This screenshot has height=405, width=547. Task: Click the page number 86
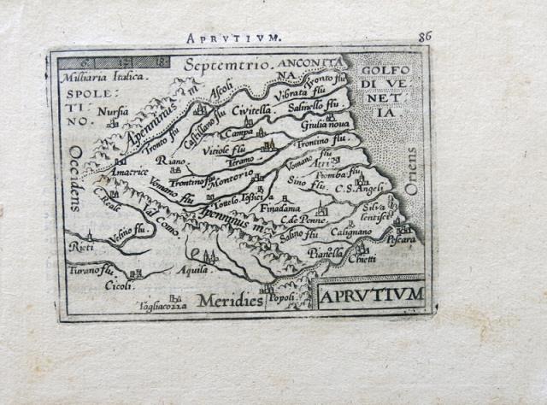pos(425,36)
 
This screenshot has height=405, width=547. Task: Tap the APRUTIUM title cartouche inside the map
pos(371,296)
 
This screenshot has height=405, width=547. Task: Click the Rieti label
pos(81,246)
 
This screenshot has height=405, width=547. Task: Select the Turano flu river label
pos(95,271)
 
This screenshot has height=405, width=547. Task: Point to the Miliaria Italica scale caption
pos(99,76)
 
